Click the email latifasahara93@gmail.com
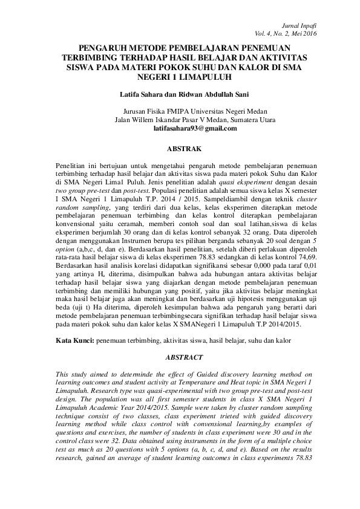coord(195,128)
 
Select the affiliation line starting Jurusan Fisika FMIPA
coord(195,111)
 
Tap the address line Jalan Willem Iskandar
coord(195,120)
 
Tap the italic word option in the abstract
coord(65,248)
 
